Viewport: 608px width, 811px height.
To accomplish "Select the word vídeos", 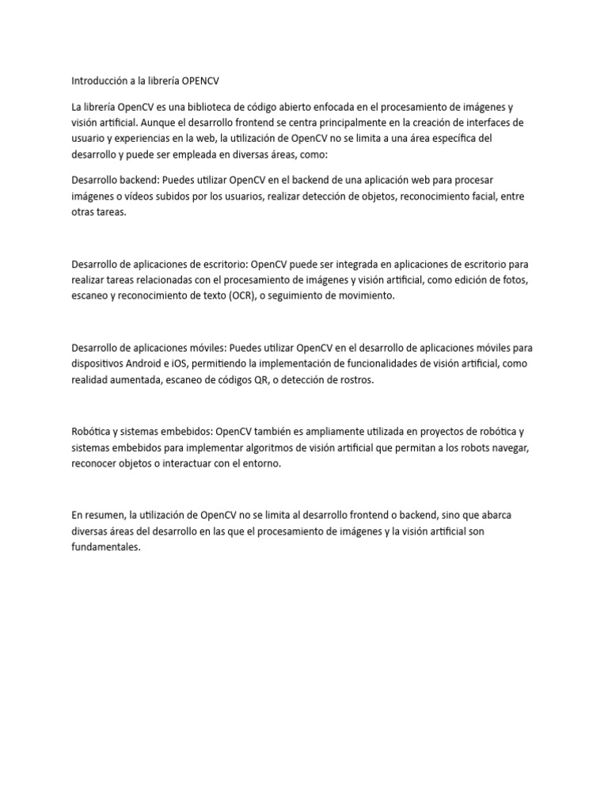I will click(139, 196).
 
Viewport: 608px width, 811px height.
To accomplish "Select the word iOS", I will click(197, 364).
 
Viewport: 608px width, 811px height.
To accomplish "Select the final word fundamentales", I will click(105, 547).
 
